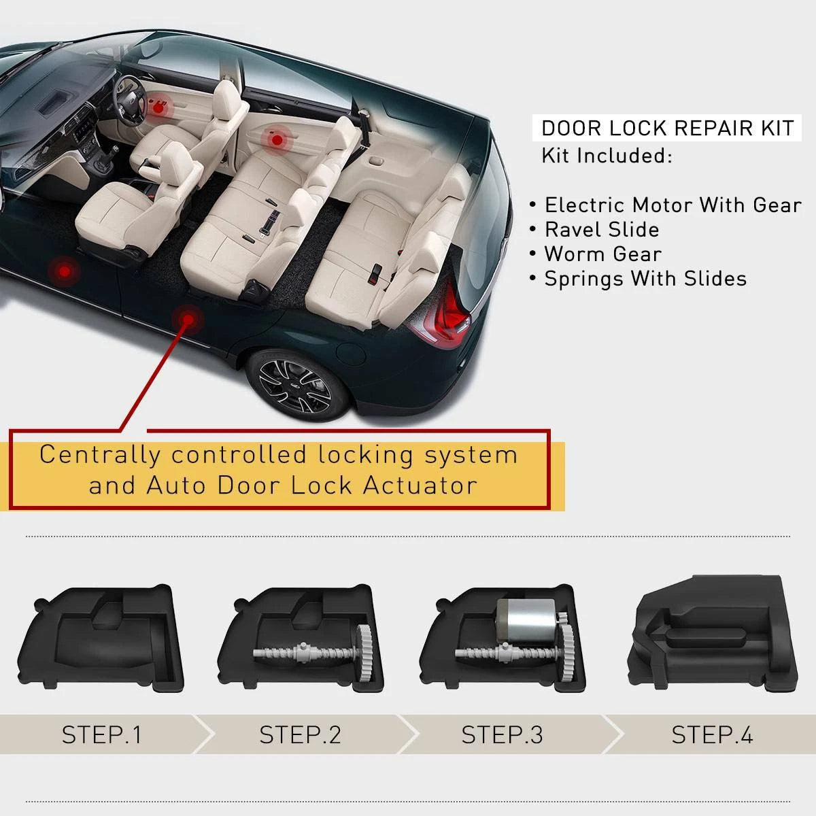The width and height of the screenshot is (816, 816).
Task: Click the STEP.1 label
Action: coord(101,734)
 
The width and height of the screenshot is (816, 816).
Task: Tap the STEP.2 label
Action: coord(301,734)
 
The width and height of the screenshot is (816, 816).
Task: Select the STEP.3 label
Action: coord(503,734)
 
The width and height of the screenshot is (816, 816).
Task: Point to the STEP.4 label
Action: coord(712,734)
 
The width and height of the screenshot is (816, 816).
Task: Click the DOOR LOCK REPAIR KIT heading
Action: coord(667,129)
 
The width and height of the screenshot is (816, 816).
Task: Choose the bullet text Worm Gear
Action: coord(603,254)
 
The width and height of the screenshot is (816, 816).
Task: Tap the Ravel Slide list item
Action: coord(602,230)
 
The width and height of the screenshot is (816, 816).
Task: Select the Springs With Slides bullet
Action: coord(645,279)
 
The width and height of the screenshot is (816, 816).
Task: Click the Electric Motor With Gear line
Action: coord(673,205)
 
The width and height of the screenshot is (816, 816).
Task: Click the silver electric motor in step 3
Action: coord(526,620)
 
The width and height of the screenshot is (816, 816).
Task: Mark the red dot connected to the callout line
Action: coord(188,318)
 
